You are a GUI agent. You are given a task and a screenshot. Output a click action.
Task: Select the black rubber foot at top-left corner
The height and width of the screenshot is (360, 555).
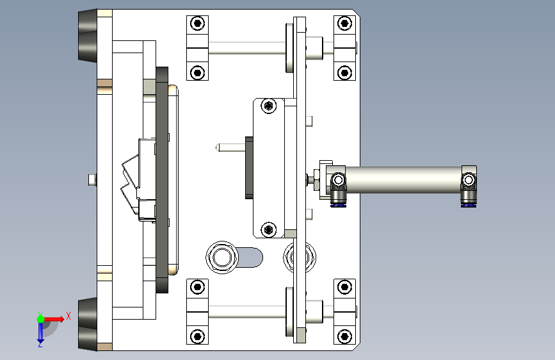coord(87,36)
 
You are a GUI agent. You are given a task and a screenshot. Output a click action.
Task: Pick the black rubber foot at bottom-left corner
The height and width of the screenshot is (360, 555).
coord(87,324)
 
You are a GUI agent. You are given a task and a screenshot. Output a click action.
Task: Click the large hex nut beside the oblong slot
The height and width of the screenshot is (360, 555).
coord(222,258)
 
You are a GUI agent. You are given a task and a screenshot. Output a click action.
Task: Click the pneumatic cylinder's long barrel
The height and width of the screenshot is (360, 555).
coord(403,180)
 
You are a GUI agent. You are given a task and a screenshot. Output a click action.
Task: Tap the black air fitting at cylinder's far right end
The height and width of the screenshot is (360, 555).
coord(468,200)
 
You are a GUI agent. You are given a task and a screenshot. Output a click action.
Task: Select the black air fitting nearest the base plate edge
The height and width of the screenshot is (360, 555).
coord(337,200)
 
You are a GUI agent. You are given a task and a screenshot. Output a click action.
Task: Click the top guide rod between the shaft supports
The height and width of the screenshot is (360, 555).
coord(246,48)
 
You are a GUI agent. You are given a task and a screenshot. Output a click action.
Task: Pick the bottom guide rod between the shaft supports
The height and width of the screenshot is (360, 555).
coord(246,311)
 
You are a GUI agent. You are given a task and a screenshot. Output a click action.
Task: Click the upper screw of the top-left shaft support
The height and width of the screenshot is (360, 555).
coord(198,24)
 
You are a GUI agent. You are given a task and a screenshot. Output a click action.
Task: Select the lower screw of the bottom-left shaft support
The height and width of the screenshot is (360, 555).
coord(198,335)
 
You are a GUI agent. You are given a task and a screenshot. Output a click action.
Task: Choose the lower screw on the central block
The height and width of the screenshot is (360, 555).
coord(269,229)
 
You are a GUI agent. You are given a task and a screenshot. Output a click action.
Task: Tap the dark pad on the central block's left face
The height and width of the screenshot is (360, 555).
coord(248,167)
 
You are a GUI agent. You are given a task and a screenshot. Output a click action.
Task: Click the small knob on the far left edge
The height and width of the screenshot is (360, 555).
coord(92,180)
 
